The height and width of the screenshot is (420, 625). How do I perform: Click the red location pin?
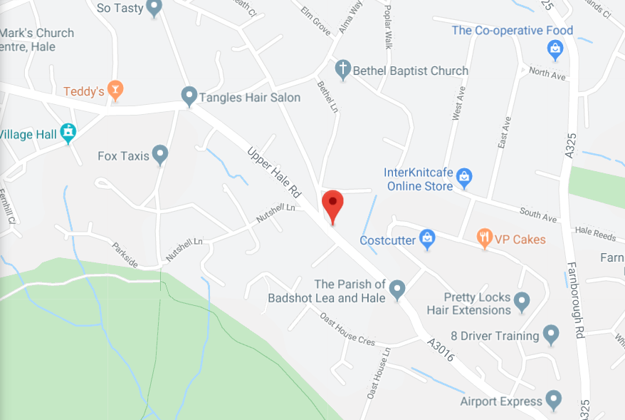tap(332, 205)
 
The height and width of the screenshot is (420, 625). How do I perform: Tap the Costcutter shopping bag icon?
tap(427, 239)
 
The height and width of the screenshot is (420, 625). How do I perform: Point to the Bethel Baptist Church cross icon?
tap(343, 69)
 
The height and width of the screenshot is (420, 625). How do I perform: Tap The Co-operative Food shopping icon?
tap(555, 48)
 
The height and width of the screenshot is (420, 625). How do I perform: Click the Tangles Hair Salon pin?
tap(189, 96)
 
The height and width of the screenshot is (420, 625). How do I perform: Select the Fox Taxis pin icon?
tap(160, 153)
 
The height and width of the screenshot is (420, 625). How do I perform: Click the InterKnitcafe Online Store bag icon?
tap(464, 177)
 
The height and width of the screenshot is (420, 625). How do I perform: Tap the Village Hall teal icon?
tap(68, 132)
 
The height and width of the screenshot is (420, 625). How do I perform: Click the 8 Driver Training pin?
tap(550, 333)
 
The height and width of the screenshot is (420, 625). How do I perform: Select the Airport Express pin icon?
tap(553, 399)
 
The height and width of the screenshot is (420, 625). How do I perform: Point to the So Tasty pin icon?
tap(154, 8)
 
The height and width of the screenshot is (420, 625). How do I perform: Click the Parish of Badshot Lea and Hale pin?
tap(397, 289)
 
